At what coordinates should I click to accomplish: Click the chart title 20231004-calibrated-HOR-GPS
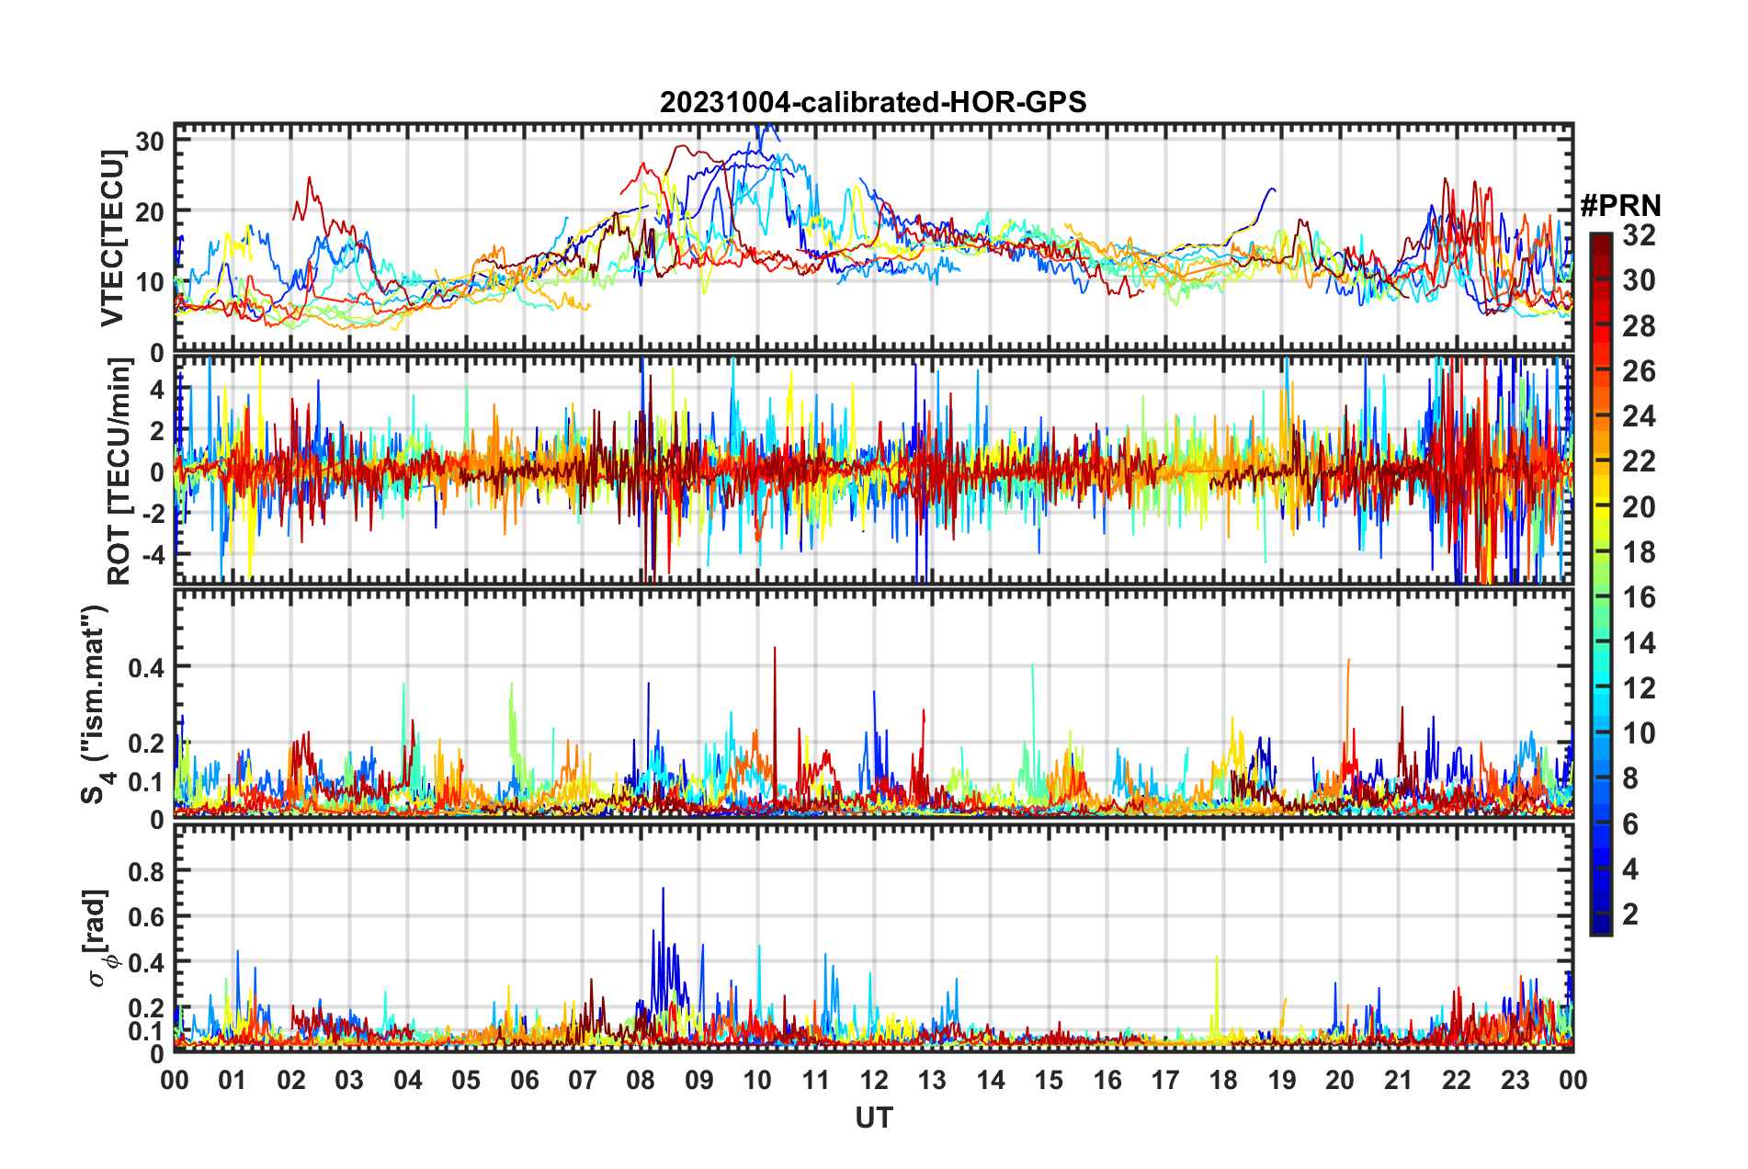pos(873,102)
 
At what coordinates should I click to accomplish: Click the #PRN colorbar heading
pos(1620,206)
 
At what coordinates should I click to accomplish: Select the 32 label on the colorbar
pos(1639,235)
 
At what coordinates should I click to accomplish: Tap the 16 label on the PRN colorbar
pos(1639,597)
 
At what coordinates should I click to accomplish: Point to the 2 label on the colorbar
pos(1630,914)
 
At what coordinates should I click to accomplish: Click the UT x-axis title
pos(873,1118)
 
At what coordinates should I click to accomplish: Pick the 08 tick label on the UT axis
pos(641,1080)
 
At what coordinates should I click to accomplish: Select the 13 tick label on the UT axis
pos(932,1080)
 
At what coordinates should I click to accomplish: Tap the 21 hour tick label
pos(1398,1080)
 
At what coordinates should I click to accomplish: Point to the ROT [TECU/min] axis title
pos(119,471)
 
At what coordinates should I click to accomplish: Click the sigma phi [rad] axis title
pos(97,937)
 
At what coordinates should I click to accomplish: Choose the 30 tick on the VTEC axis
pos(150,141)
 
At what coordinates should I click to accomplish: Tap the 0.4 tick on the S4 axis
pos(145,667)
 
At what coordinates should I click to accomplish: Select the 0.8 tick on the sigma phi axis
pos(145,870)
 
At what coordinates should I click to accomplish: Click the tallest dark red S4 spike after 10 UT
pos(775,649)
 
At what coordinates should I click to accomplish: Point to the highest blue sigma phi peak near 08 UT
pos(663,889)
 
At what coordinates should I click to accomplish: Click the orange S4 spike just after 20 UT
pos(1348,660)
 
